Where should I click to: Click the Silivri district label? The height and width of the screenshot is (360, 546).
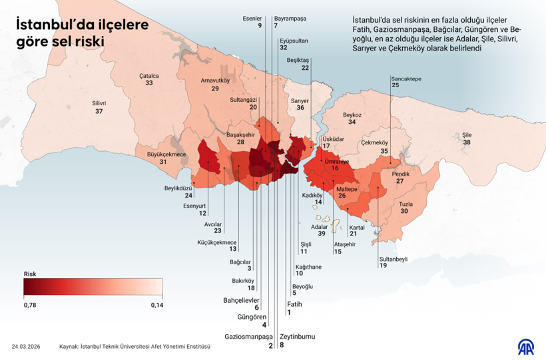click(x=99, y=103)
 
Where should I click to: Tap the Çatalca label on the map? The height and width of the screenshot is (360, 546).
click(x=148, y=75)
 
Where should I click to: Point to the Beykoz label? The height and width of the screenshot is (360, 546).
click(x=352, y=114)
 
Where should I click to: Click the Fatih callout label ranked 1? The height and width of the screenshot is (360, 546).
click(x=290, y=303)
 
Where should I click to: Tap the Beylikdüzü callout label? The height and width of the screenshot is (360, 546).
click(x=179, y=188)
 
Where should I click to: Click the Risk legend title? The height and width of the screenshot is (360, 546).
click(x=30, y=273)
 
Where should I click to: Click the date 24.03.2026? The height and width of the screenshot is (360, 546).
click(x=26, y=347)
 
